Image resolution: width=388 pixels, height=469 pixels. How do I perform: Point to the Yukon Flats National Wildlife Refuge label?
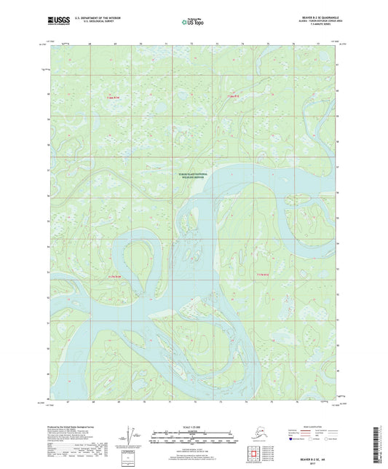coord(193,176)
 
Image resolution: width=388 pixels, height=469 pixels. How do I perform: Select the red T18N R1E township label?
coord(232,95)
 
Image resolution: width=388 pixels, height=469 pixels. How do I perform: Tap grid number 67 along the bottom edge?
coord(66,401)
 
